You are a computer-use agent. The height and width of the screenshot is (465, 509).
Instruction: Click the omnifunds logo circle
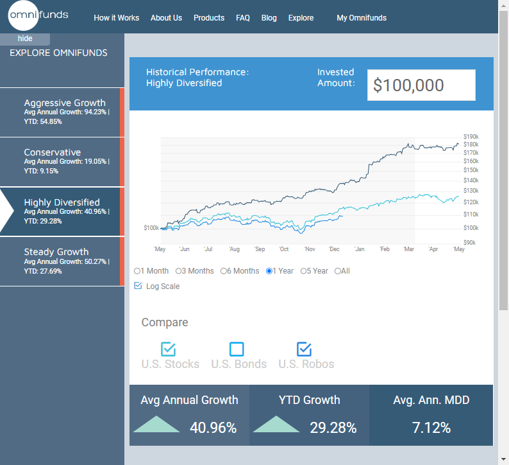(25, 15)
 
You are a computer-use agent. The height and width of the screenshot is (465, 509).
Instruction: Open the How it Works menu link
(116, 18)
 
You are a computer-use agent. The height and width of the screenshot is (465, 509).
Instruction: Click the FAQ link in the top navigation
(243, 18)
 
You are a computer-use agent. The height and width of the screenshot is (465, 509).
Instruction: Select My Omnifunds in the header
(362, 18)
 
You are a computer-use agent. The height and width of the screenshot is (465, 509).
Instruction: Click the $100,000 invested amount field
(421, 85)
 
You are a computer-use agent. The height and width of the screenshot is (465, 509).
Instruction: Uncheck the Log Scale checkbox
(138, 286)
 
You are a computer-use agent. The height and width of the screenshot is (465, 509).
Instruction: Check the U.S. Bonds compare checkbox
(237, 349)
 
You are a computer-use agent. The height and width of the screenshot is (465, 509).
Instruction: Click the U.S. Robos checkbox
(304, 349)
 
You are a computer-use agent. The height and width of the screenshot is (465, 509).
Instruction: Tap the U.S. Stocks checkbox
(169, 349)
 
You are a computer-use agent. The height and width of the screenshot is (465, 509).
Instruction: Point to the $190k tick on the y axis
(471, 137)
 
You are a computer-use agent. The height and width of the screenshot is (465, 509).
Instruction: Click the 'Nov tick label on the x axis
(310, 249)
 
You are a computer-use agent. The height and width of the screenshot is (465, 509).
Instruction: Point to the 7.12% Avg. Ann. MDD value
(431, 428)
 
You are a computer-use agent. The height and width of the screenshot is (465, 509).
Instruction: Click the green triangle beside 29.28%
(276, 425)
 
